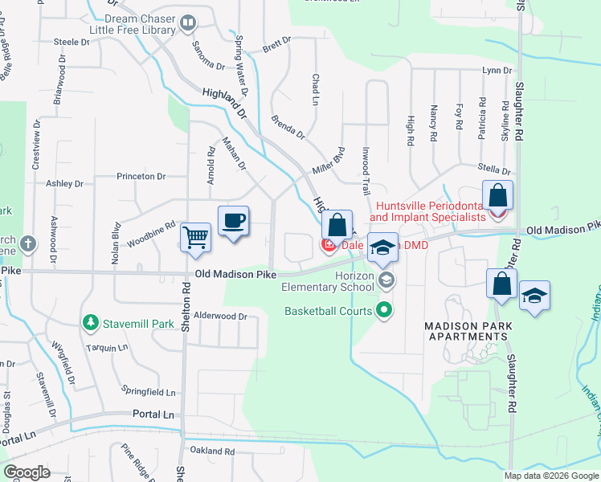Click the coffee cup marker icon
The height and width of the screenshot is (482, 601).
point(233,220)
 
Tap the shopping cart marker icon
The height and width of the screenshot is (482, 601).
point(196,238)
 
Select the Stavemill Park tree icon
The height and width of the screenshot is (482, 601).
point(92,323)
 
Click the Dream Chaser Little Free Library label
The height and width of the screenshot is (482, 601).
point(140,24)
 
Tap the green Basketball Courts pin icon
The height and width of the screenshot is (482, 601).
point(385,309)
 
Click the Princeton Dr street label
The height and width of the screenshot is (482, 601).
point(141,176)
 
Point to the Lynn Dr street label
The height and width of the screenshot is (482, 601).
point(497,71)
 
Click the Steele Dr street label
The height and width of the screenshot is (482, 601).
point(71,41)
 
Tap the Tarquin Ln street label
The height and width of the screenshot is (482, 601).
point(111,348)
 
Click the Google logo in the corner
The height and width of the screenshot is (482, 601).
point(27,472)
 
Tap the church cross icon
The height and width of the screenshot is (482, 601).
point(27,243)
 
